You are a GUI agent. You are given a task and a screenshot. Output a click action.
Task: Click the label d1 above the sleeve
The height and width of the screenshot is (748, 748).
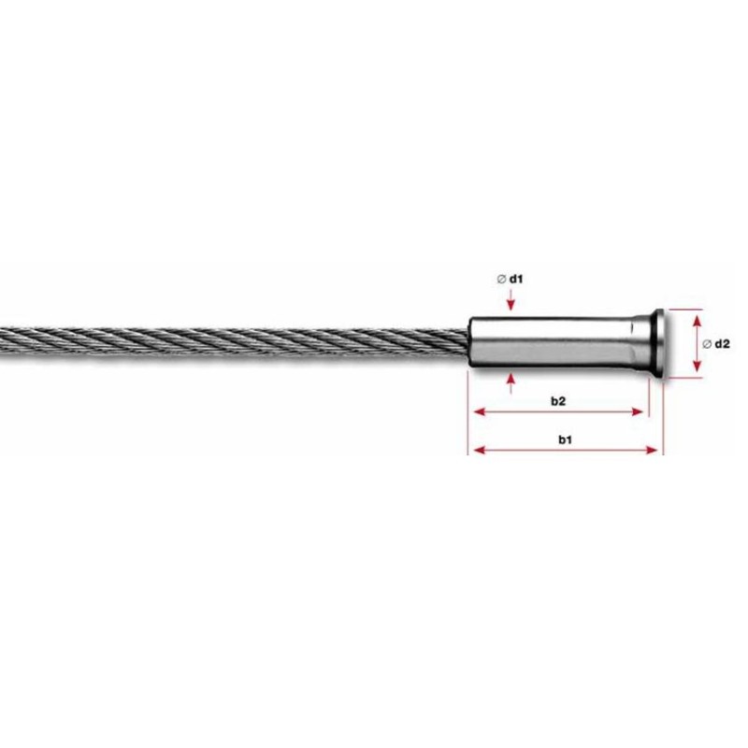tap(517, 279)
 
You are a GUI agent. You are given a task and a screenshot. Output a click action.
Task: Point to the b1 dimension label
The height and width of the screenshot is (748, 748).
tap(566, 439)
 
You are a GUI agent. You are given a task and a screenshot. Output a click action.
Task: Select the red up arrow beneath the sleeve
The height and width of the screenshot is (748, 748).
tap(510, 379)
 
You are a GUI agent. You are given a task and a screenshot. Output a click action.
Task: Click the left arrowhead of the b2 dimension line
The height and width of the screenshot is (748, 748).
tap(477, 411)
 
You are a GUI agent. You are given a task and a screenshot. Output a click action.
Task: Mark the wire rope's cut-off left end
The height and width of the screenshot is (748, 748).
tap(3, 340)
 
